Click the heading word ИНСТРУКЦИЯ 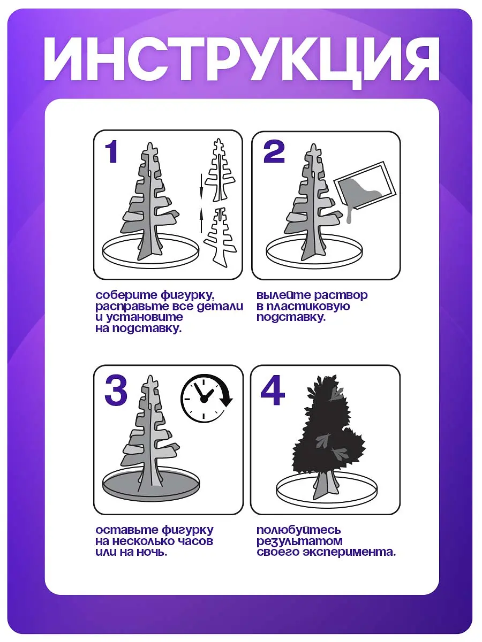(x=242, y=60)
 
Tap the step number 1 (x=111, y=151)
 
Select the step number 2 (x=274, y=151)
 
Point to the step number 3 (x=116, y=391)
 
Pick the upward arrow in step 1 (x=201, y=220)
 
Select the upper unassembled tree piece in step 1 (x=219, y=170)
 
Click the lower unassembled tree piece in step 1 (x=220, y=237)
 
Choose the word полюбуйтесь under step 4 (x=299, y=530)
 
